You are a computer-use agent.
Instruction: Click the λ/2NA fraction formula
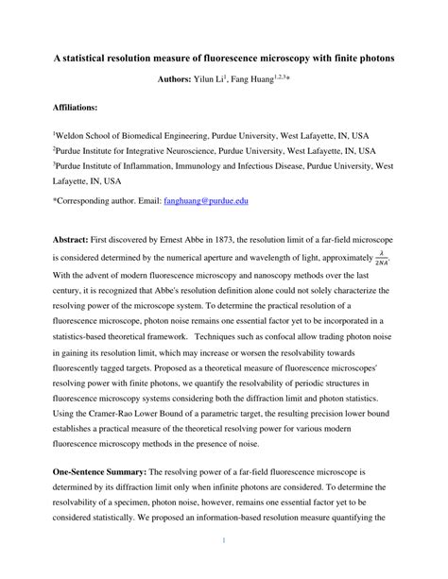[x=380, y=259]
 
